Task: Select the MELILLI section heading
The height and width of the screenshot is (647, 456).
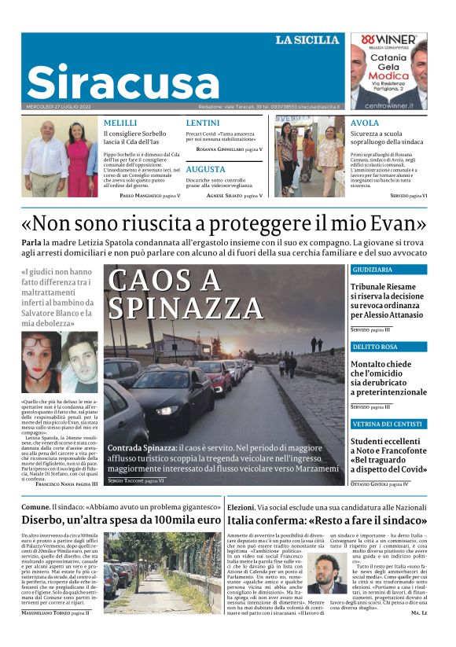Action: coord(121,123)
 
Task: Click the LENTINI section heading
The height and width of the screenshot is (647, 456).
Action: coord(202,123)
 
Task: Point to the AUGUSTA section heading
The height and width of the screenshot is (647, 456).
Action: coord(206,169)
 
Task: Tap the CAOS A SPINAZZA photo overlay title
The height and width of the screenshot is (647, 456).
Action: coord(172,292)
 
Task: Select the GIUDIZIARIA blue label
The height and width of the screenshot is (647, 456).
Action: coord(377,270)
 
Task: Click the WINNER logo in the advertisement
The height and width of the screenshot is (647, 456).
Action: coord(388,39)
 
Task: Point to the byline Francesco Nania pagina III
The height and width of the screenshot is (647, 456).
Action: coord(67,484)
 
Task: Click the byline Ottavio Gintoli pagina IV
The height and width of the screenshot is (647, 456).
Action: coord(379,484)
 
